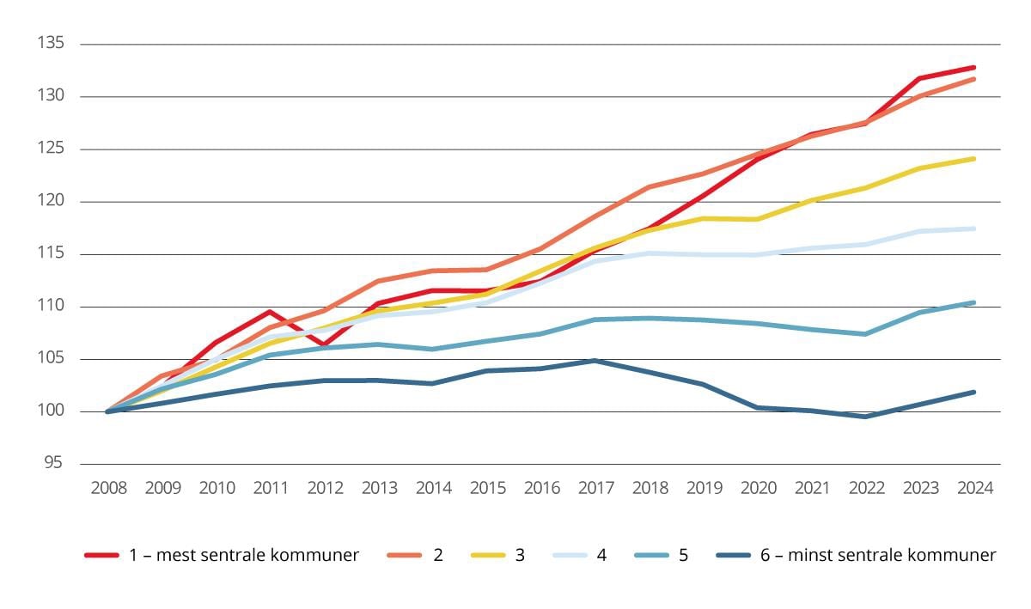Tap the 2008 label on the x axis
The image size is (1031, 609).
108,488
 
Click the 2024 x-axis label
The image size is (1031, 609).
974,488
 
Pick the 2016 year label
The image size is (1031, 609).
541,488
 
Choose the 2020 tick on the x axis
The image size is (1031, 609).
758,488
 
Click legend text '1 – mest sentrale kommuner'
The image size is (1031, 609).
243,555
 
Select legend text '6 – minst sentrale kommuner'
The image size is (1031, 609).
877,555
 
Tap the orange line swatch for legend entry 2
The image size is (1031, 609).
405,556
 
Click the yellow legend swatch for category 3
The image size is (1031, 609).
488,556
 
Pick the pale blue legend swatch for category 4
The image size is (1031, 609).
569,556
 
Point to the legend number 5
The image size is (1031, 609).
683,555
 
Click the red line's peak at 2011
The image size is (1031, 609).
270,312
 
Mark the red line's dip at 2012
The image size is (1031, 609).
324,344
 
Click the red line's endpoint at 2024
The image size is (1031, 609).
973,67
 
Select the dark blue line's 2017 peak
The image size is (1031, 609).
595,361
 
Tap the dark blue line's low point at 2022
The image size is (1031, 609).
865,417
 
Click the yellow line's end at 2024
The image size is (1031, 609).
973,159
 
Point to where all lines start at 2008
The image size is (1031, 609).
108,411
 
